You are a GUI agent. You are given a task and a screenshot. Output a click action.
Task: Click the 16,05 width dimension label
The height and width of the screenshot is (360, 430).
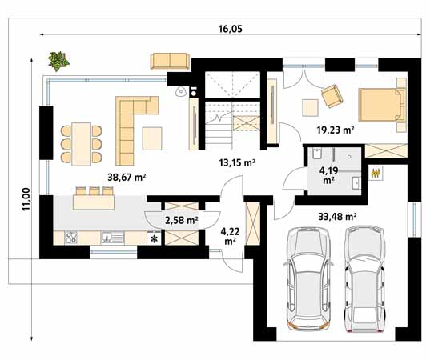coord(231,29)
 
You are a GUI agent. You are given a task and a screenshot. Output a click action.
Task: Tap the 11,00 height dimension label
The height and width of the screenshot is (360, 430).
coord(26,199)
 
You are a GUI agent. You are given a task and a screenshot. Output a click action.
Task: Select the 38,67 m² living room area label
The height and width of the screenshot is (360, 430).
coord(127,178)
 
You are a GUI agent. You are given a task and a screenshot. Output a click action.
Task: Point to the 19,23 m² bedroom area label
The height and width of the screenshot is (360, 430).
coord(336,130)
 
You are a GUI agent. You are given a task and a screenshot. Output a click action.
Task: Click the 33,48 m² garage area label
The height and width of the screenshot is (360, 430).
coord(337,217)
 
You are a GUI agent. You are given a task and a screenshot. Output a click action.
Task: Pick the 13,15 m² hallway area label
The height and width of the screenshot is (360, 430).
coord(238,163)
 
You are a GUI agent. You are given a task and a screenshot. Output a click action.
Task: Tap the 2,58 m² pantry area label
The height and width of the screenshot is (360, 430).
coord(182,220)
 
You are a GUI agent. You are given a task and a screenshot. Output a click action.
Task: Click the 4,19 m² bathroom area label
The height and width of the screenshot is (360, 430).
coord(328,175)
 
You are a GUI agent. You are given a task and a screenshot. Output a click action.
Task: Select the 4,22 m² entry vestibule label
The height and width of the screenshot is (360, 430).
coord(230,236)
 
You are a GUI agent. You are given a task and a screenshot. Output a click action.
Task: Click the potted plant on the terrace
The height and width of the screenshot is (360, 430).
coord(58,61)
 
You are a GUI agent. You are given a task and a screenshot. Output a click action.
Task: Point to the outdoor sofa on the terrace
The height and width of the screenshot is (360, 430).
coord(170,62)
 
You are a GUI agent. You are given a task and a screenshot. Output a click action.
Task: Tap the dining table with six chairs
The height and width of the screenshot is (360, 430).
coord(82,144)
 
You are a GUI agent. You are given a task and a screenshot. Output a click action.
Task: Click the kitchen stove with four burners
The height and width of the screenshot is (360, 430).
coord(71,238)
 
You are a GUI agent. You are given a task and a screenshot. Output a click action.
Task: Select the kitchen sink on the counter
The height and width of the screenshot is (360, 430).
coord(113,238)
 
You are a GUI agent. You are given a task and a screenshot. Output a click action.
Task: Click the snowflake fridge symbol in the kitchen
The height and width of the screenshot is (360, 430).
coord(155,239)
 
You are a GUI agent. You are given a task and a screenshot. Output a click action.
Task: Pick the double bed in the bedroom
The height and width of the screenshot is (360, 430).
coord(382,105)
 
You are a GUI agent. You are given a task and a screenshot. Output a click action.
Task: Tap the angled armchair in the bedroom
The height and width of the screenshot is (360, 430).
coord(332,96)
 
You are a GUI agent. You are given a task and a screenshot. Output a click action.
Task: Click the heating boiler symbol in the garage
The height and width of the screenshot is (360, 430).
coord(376,174)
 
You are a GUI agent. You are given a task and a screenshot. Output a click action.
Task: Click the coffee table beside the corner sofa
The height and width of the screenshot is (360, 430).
coord(152,138)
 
